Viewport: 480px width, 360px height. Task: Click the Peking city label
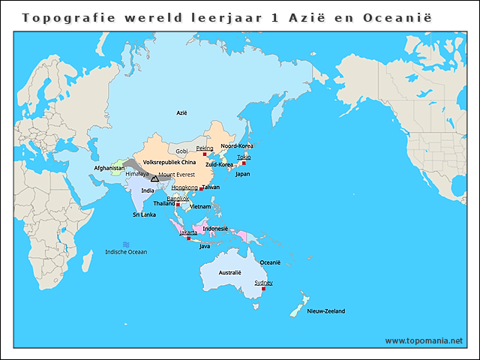click(205, 148)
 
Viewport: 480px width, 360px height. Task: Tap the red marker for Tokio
click(244, 163)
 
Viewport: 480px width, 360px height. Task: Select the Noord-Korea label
click(236, 145)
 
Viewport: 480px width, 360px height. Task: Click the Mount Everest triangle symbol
click(154, 178)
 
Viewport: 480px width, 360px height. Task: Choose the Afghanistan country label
click(109, 168)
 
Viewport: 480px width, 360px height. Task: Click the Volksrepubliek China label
click(169, 161)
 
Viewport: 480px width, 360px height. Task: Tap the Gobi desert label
click(181, 151)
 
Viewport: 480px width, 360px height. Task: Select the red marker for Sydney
click(263, 289)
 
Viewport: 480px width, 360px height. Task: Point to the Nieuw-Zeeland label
click(326, 310)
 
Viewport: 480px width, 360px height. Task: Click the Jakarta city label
click(188, 232)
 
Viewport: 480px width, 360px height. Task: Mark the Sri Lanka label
click(144, 214)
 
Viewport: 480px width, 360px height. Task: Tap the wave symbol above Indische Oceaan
click(125, 244)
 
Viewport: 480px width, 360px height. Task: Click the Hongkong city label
click(184, 187)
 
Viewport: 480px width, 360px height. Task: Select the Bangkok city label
click(178, 198)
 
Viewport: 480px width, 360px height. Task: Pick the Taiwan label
click(211, 187)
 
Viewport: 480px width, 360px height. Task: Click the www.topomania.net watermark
click(424, 340)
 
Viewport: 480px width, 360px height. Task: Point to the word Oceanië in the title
click(405, 16)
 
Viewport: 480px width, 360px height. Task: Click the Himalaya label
click(136, 174)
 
